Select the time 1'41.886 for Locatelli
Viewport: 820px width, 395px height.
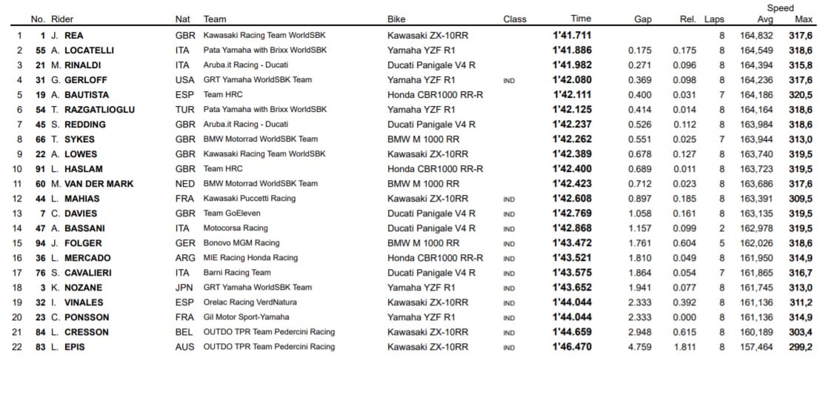pos(572,50)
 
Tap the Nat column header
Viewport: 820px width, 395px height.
pos(182,19)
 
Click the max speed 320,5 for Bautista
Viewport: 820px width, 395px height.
pos(801,94)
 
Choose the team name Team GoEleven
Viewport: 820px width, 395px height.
pos(232,213)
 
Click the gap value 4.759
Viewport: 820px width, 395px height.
pos(639,347)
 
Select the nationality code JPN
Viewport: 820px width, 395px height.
pos(185,288)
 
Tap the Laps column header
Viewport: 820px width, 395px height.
pos(714,19)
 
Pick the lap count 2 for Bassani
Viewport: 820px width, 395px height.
pos(721,228)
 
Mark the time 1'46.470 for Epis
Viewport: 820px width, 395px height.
pos(572,347)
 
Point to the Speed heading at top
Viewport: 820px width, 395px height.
pos(780,8)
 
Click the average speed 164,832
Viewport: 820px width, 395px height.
pos(756,35)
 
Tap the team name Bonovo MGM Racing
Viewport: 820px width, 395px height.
pos(241,243)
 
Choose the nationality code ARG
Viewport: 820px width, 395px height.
pos(185,258)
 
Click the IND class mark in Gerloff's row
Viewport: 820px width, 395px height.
pos(509,80)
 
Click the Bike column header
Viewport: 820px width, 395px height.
pos(396,19)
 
